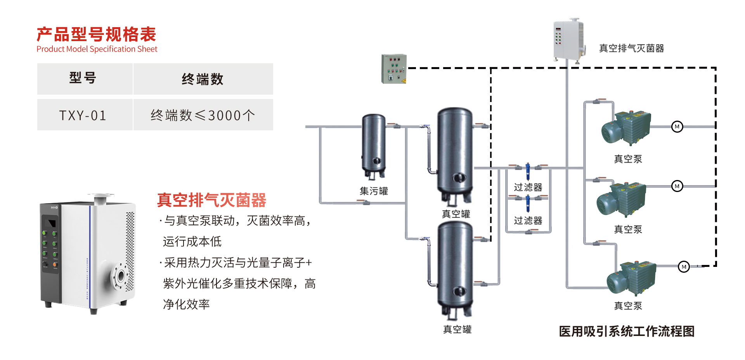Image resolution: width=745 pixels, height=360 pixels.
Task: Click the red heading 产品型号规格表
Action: tap(96, 34)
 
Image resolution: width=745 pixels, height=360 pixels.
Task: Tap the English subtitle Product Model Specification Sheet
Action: tap(97, 49)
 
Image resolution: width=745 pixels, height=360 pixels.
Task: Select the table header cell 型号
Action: tap(83, 78)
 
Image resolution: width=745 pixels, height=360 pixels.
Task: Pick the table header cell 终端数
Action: tap(203, 79)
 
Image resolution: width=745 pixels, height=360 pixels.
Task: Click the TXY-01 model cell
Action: tap(83, 115)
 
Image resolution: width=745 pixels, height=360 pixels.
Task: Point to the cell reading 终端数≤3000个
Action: tap(203, 115)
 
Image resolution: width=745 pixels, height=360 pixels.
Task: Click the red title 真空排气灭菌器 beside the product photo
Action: tap(211, 200)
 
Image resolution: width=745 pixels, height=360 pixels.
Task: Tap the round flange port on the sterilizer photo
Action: tap(120, 276)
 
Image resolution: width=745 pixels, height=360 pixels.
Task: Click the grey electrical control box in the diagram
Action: tap(393, 69)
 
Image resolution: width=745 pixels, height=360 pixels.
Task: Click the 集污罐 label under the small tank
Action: tap(374, 191)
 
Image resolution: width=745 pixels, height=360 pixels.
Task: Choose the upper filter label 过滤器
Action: tap(528, 187)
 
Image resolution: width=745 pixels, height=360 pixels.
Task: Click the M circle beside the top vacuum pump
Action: tap(677, 127)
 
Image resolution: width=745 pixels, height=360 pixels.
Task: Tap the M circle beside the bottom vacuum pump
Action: tap(684, 267)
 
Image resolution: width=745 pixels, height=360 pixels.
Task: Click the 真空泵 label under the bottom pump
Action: tap(628, 306)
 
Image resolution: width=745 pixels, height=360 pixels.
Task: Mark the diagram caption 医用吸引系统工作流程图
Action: tap(626, 331)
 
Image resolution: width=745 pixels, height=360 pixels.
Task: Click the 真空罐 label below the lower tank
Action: tap(457, 329)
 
